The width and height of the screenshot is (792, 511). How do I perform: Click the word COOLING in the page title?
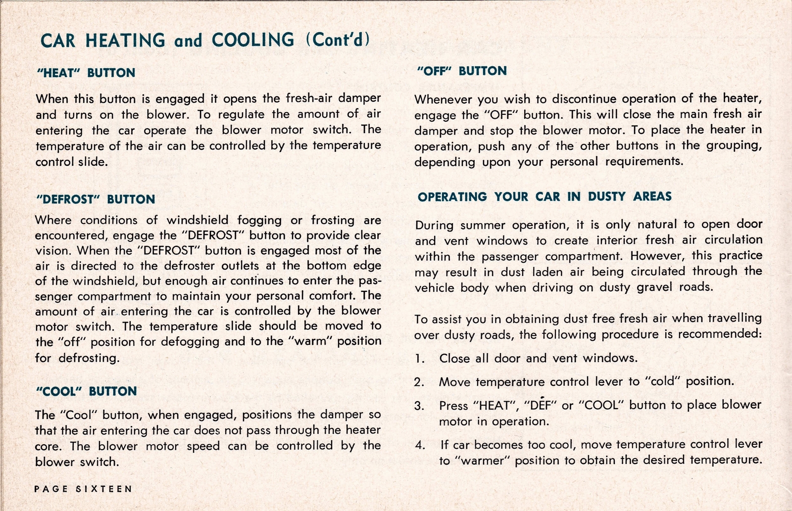tap(253, 40)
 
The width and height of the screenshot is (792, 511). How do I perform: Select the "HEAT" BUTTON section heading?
tap(86, 73)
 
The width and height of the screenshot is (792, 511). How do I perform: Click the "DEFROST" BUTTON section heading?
tap(96, 199)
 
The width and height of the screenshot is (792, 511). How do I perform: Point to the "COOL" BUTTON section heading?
tap(87, 391)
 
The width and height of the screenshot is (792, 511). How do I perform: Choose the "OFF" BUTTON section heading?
tap(462, 71)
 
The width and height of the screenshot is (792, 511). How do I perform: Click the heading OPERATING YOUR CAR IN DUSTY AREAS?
tap(544, 196)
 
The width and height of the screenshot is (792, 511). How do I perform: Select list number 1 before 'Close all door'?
tap(420, 359)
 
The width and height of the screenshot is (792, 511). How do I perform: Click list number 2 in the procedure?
tap(420, 382)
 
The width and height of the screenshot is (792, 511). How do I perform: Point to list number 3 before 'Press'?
tap(420, 406)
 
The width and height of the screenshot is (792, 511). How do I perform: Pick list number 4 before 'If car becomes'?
tap(420, 445)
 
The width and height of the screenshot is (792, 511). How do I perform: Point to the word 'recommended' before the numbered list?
tap(719, 334)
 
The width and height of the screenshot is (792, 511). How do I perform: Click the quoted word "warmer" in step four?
tap(483, 461)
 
